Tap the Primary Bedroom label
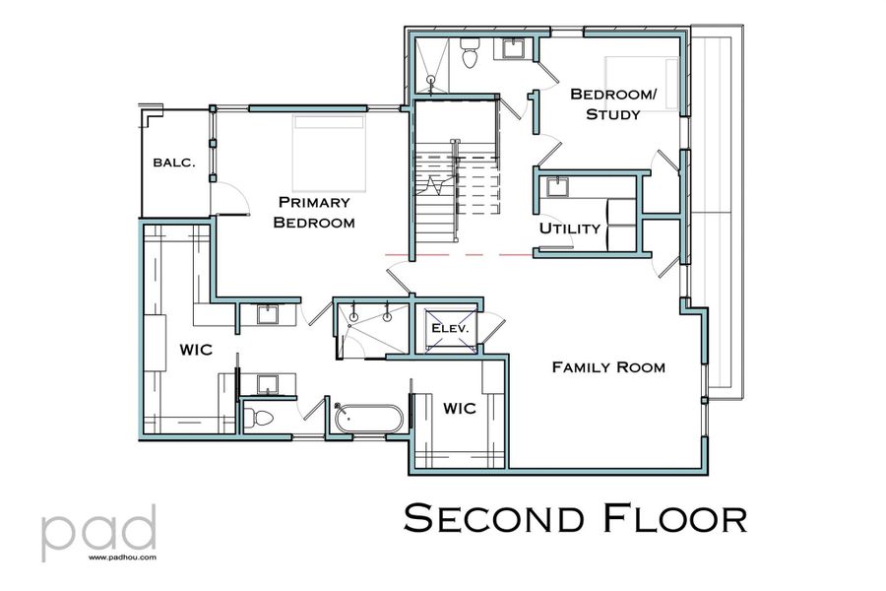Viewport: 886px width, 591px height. point(313,212)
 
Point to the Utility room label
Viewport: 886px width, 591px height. point(569,229)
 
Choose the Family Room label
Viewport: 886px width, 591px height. point(608,367)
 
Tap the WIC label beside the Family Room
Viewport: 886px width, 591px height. point(461,407)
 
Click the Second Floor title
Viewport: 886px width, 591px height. point(575,518)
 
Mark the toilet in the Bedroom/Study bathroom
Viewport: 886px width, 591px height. point(469,57)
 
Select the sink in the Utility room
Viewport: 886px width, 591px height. point(558,187)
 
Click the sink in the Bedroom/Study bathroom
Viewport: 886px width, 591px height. point(513,47)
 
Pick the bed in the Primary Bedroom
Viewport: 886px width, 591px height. point(330,153)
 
